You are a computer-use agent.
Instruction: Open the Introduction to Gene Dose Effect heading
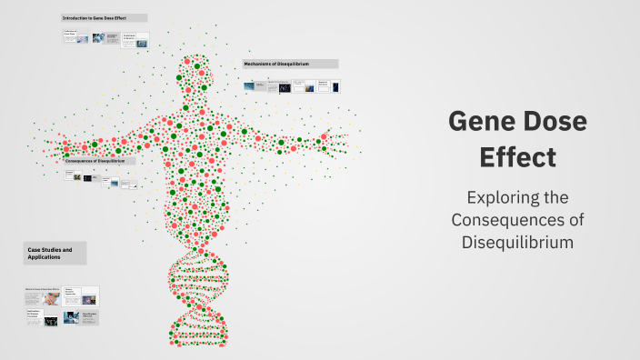click(x=104, y=18)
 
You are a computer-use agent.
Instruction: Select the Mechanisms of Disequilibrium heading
click(x=290, y=64)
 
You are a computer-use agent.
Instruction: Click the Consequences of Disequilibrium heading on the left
click(x=100, y=160)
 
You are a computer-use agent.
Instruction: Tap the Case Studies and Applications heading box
click(x=55, y=253)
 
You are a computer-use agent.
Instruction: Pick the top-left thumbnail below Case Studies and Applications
click(x=43, y=296)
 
